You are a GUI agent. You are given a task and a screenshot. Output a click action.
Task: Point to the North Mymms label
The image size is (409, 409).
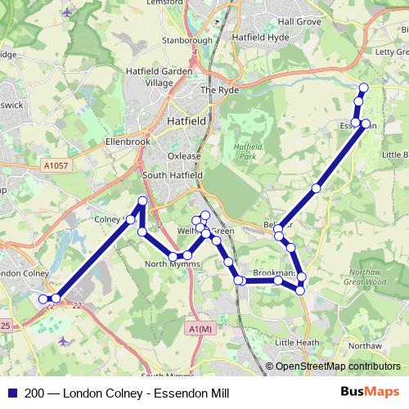point(167,264)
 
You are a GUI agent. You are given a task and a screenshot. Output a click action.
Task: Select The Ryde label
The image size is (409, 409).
point(219,91)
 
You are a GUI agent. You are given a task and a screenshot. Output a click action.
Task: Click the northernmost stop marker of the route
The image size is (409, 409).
point(363,88)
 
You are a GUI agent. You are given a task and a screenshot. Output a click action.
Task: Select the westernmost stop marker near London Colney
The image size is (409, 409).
point(43,299)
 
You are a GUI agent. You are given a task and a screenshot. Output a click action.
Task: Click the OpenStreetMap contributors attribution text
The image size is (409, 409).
point(337,366)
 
